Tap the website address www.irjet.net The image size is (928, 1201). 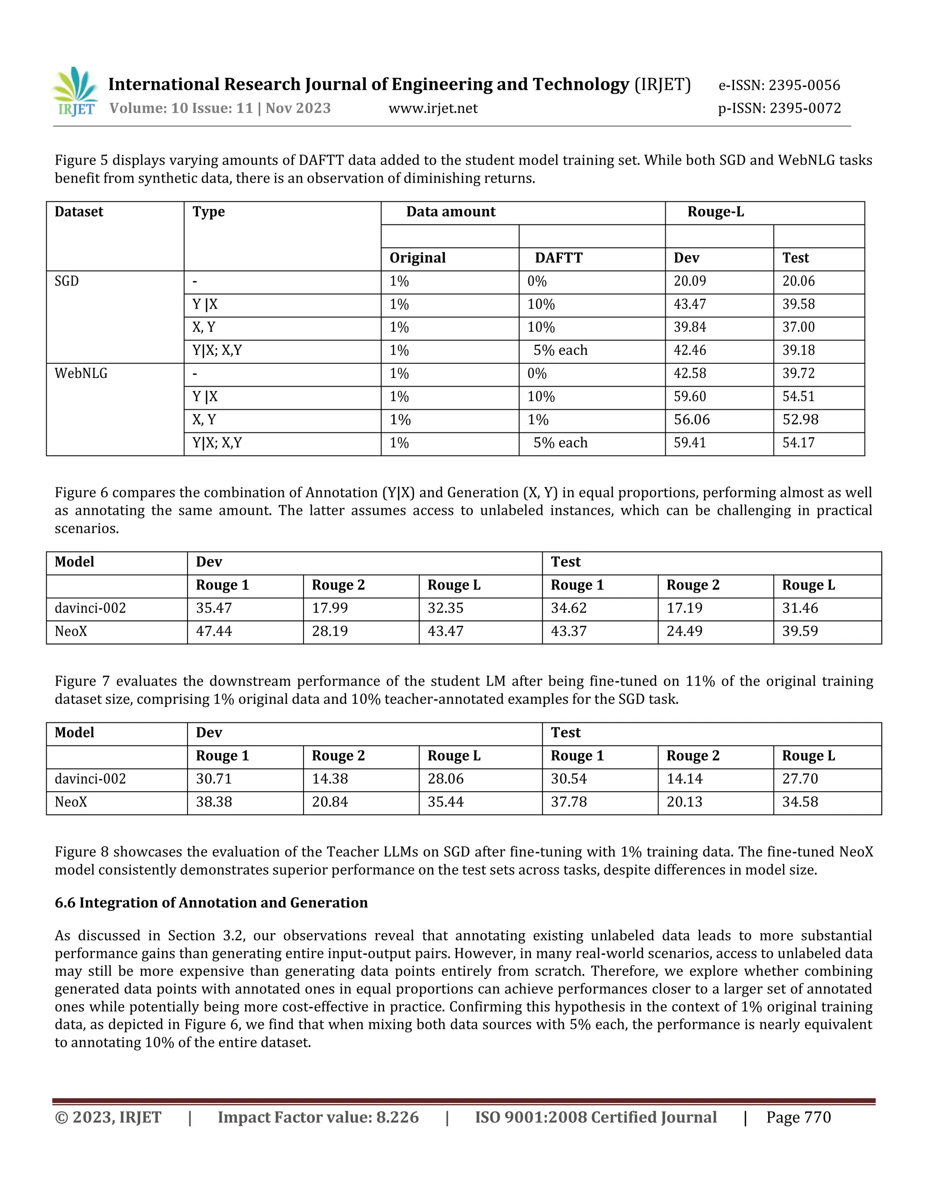[x=433, y=108]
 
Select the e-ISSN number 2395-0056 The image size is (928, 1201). [x=804, y=85]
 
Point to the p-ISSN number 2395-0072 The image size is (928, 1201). [x=805, y=108]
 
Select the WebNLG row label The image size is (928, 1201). [x=81, y=373]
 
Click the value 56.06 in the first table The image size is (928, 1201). [x=691, y=420]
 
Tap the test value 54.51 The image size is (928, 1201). [x=798, y=397]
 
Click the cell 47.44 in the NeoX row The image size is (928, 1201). [x=214, y=631]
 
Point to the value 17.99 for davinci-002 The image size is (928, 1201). [x=330, y=608]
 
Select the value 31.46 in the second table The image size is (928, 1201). [x=800, y=608]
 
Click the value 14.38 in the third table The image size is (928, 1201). [x=330, y=779]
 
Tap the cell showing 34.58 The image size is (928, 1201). [x=800, y=802]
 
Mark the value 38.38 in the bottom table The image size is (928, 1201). [x=214, y=802]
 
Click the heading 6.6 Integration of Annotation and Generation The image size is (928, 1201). [x=211, y=903]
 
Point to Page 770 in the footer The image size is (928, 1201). [x=798, y=1118]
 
